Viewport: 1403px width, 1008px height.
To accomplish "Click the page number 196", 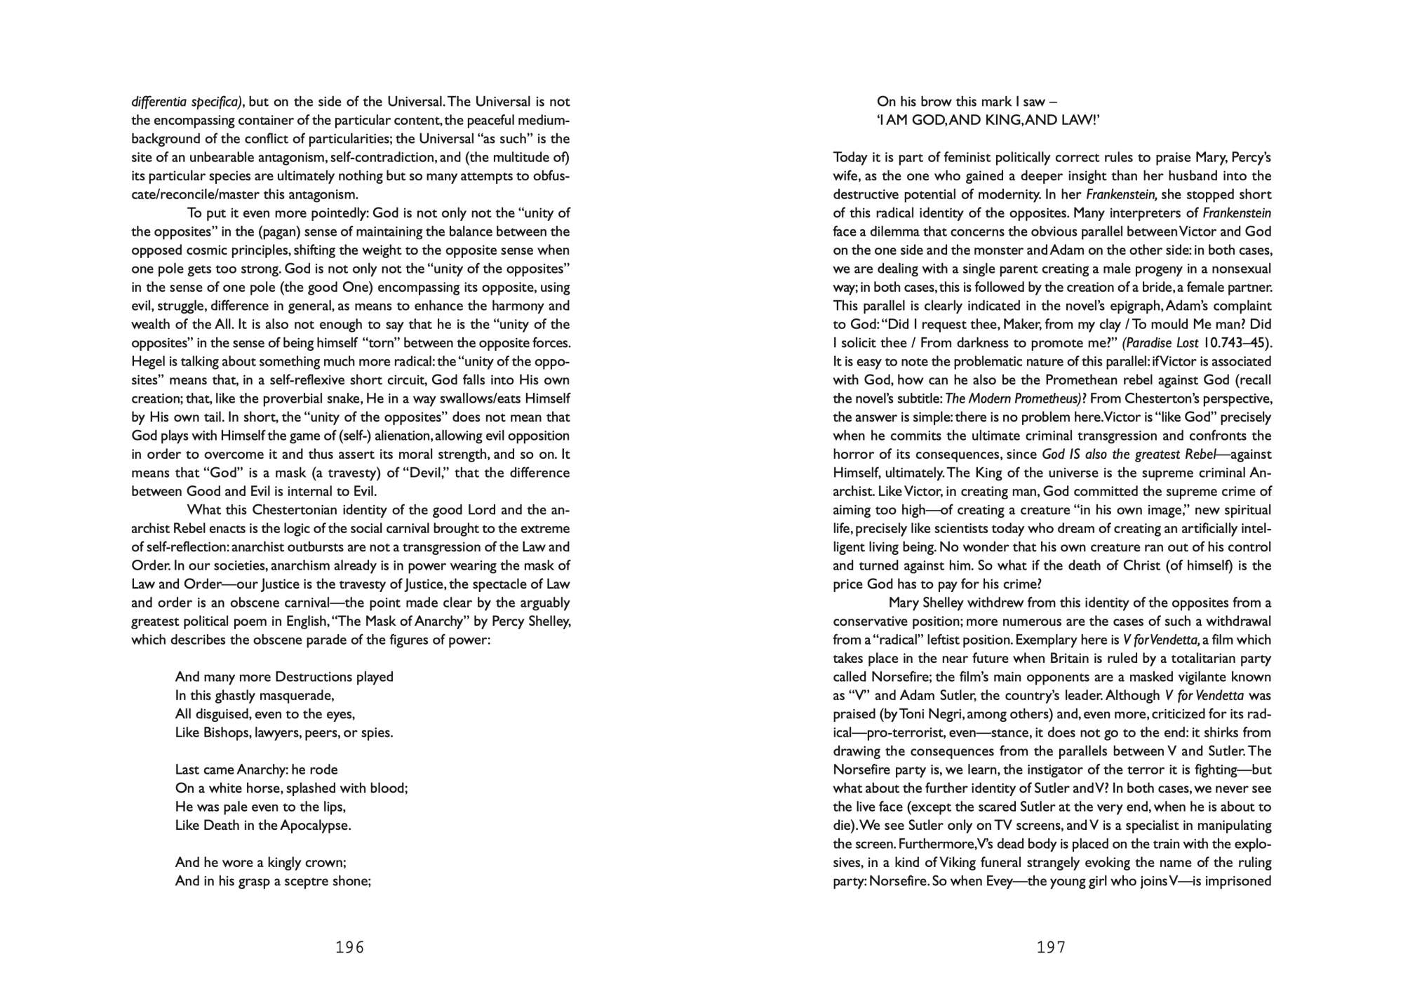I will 350,948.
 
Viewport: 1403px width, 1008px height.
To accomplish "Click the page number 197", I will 1051,948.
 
